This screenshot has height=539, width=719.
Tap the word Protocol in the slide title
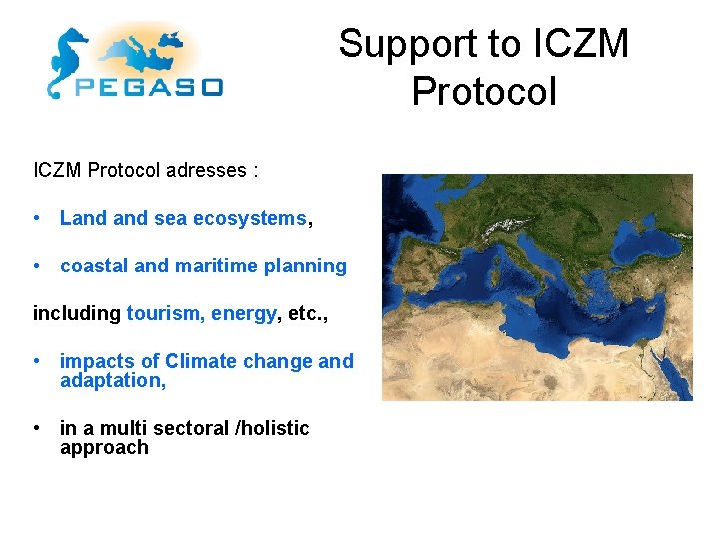(484, 91)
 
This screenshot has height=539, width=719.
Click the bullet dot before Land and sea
(36, 218)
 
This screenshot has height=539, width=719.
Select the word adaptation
(110, 380)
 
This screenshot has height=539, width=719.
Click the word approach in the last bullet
(104, 447)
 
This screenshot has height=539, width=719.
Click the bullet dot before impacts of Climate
(36, 361)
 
